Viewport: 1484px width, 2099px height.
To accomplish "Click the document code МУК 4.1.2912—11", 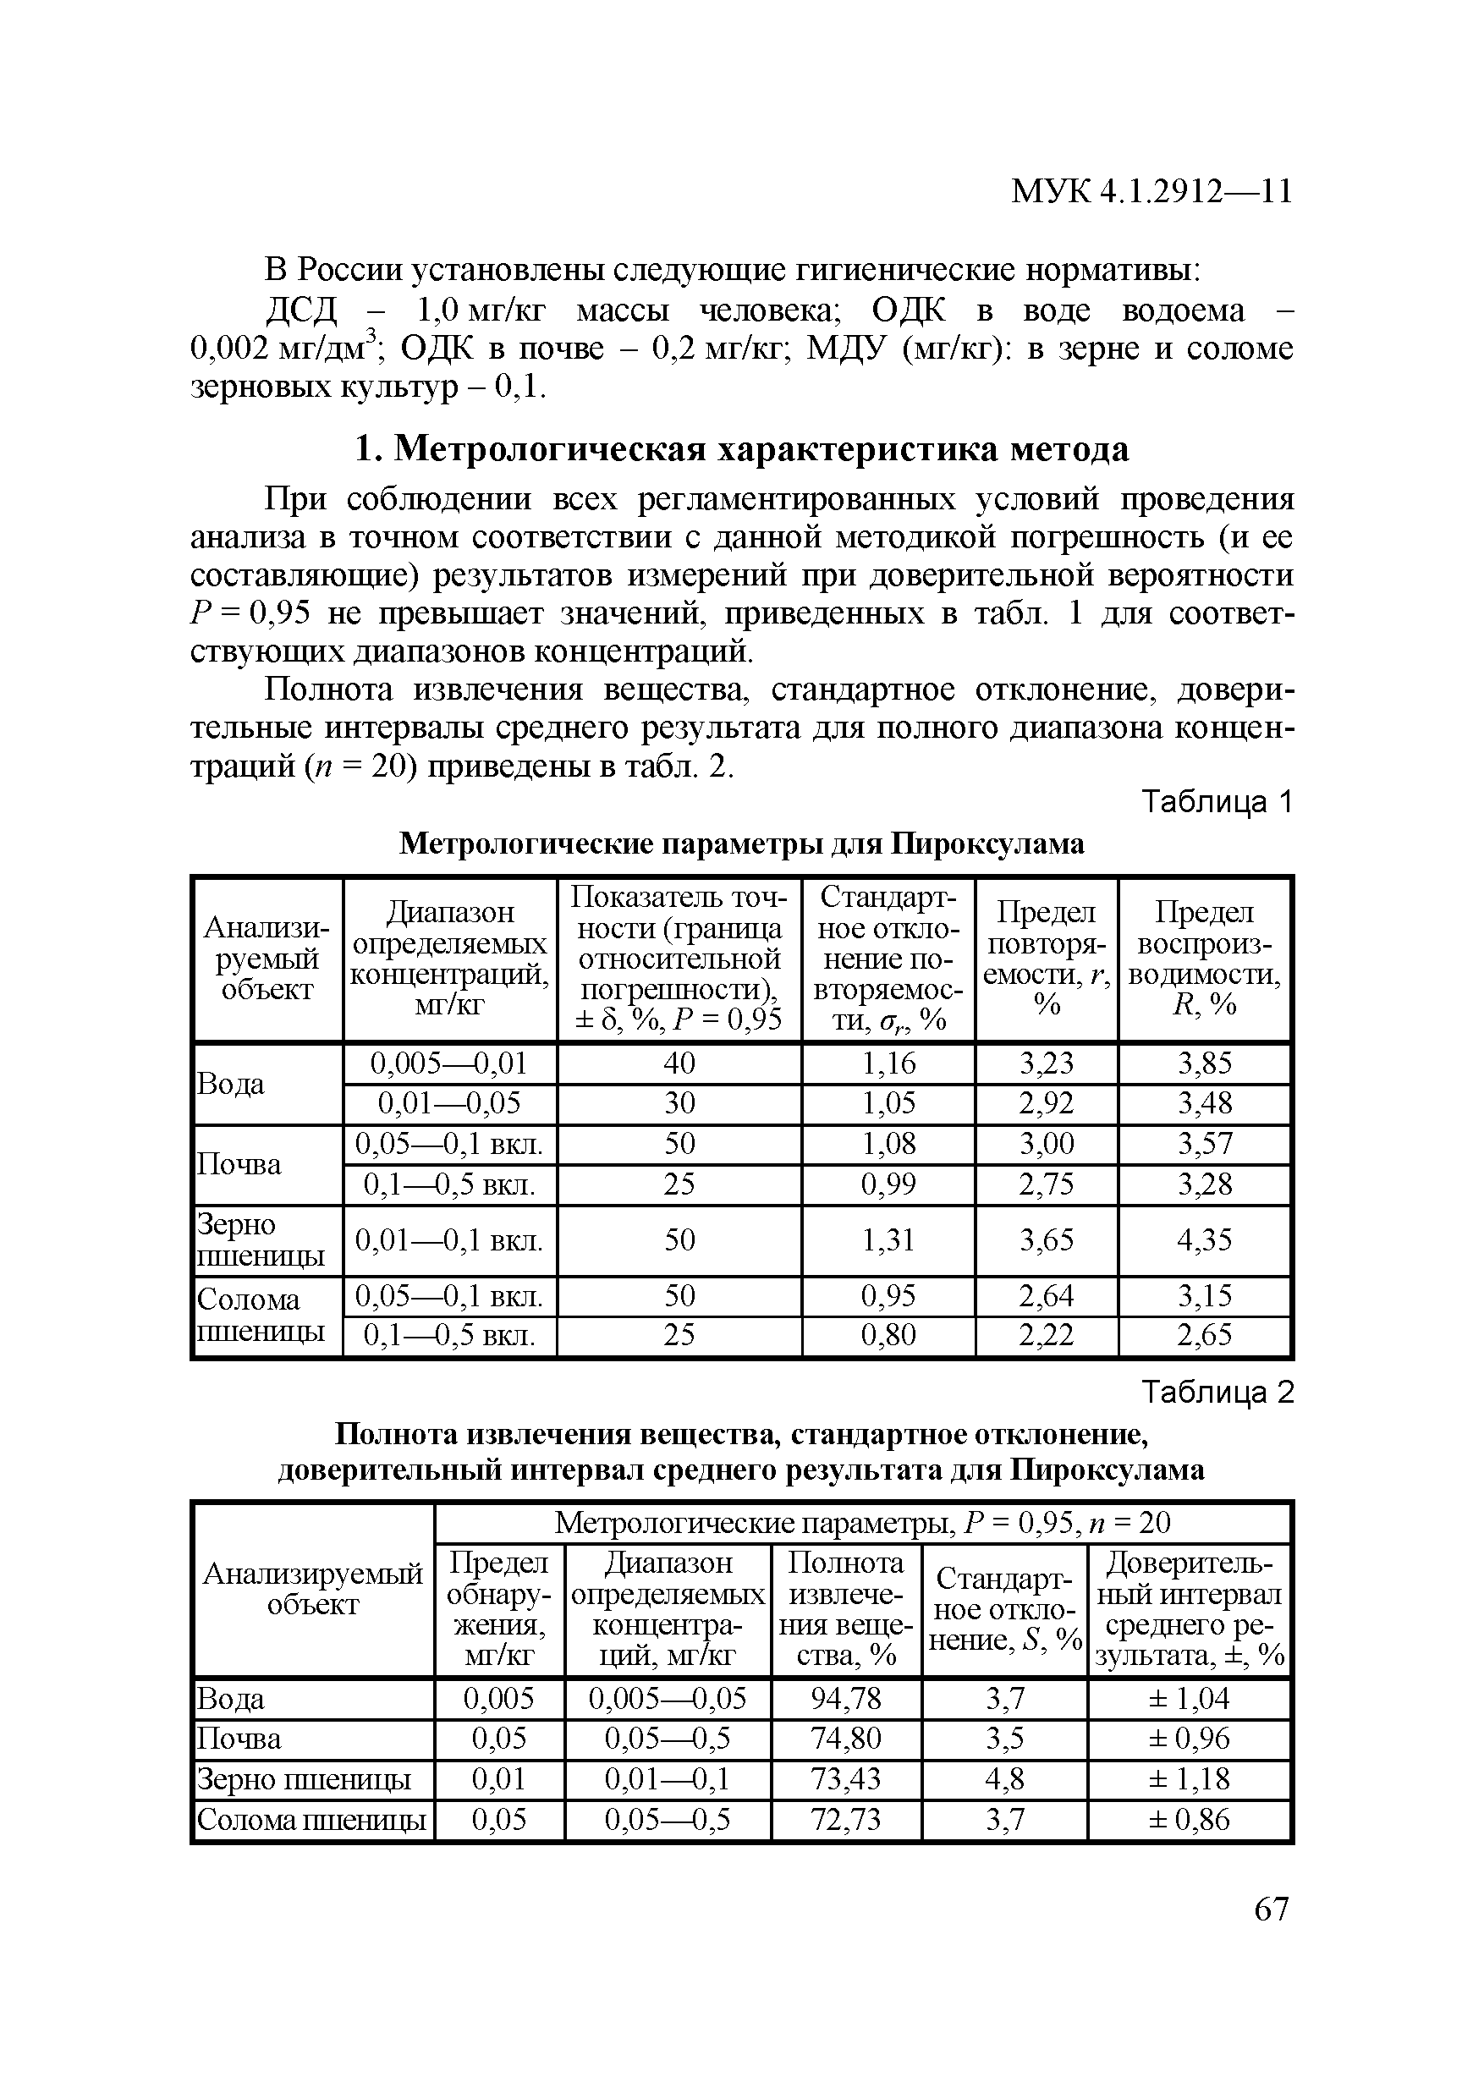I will click(1151, 191).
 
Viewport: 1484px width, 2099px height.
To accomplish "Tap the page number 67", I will click(1271, 1909).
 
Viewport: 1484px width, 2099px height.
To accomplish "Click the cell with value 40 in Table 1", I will click(679, 1063).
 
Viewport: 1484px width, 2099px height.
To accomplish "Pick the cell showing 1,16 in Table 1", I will click(888, 1063).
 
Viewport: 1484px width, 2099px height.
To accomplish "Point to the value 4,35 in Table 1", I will click(1204, 1240).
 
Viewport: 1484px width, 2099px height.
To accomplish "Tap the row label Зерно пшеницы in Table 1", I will click(261, 1240).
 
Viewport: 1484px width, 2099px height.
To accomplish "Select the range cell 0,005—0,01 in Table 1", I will click(449, 1063).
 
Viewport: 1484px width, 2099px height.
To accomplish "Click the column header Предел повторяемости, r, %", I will click(1046, 958).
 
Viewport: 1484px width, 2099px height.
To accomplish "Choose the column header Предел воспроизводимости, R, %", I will click(1204, 958).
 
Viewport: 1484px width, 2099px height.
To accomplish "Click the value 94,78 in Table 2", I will click(846, 1699).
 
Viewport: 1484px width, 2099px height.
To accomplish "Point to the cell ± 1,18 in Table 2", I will click(1189, 1779).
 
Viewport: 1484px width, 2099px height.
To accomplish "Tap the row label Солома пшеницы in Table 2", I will click(312, 1820).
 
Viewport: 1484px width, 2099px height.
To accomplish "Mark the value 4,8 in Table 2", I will click(1004, 1779).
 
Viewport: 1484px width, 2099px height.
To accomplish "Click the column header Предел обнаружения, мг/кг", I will click(499, 1609).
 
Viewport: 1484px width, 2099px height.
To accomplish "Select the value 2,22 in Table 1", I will click(1046, 1336).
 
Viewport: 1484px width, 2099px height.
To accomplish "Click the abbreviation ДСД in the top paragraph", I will click(302, 310).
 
